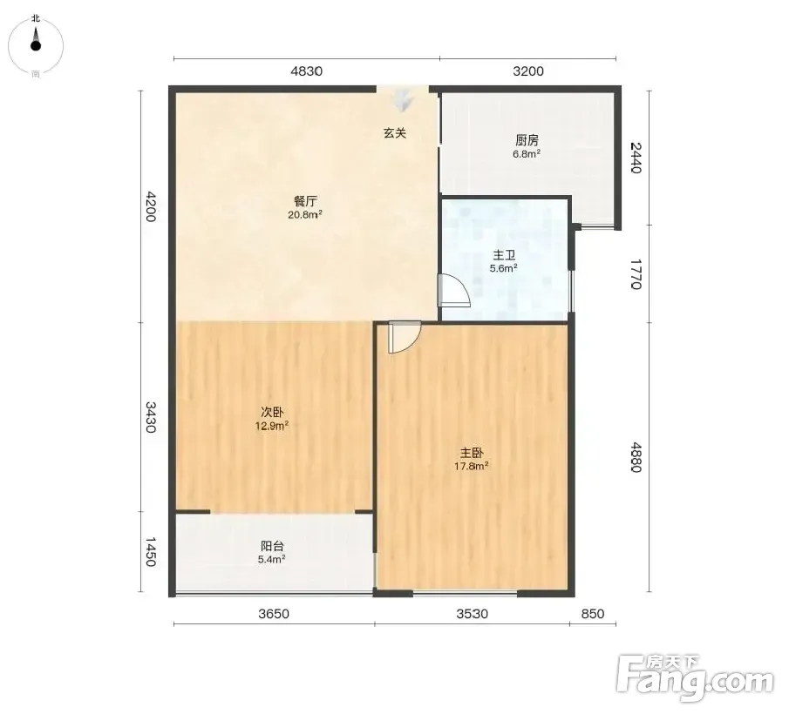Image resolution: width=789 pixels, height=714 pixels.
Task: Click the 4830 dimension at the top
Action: point(306,71)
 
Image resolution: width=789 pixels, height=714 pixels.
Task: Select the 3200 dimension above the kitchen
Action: point(527,71)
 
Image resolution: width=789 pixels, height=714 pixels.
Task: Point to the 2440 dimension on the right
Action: point(636,158)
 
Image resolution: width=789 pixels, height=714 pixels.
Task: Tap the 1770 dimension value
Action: point(636,274)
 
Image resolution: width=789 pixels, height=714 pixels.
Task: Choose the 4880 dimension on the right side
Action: point(636,457)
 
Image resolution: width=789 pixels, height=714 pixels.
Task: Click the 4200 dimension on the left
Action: point(151,205)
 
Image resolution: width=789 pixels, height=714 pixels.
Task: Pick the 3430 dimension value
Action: point(151,417)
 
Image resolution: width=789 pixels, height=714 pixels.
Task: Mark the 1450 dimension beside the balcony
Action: point(151,552)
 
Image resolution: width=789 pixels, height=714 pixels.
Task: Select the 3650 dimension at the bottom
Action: point(274,614)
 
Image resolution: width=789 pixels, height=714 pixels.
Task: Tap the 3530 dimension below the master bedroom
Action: point(472,614)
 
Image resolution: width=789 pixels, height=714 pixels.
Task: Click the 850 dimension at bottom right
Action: point(592,614)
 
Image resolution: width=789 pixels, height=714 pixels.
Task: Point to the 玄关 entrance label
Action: point(395,133)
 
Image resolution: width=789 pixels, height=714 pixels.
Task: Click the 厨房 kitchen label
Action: point(527,140)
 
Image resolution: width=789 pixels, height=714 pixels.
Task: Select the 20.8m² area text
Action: point(305,214)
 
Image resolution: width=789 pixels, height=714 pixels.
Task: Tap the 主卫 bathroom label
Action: point(504,256)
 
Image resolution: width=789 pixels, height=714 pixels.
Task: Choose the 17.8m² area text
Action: point(472,466)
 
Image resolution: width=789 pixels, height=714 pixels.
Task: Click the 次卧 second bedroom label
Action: point(272,413)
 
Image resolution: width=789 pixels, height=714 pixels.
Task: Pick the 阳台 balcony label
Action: point(272,546)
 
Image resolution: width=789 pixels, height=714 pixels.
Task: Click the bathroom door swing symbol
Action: point(454,291)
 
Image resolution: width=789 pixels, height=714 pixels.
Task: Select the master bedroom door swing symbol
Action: point(404,337)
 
